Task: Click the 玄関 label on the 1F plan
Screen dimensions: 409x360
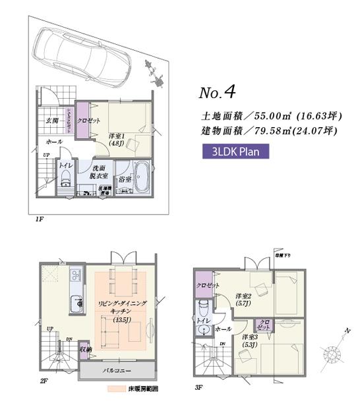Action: [x=53, y=121]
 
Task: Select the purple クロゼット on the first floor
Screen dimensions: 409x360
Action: [x=85, y=121]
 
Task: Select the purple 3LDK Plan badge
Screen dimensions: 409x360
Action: [x=235, y=151]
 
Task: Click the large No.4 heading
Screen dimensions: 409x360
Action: [x=218, y=90]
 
